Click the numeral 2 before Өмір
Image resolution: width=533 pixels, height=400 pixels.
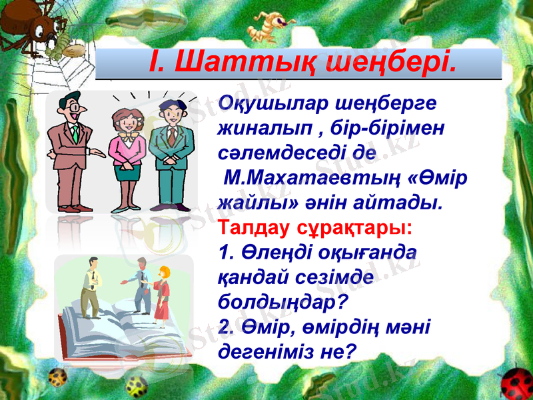pyautogui.click(x=223, y=326)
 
